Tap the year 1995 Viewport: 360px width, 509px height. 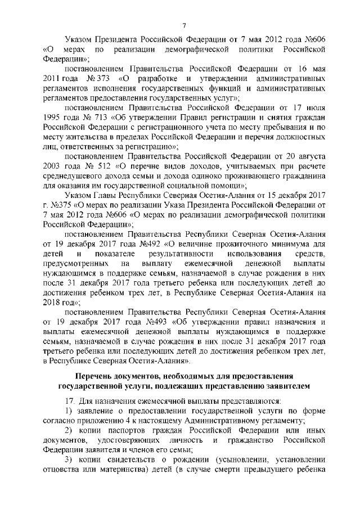(54, 117)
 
